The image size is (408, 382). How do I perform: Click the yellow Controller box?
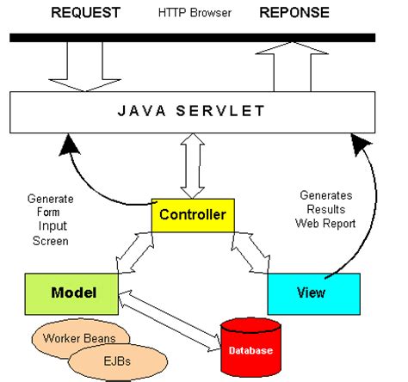click(193, 215)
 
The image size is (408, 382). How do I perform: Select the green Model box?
click(71, 294)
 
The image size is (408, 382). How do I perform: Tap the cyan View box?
click(314, 294)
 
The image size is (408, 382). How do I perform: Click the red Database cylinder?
click(250, 348)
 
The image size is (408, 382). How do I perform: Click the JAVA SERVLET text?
click(191, 111)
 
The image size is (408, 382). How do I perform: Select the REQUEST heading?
click(85, 13)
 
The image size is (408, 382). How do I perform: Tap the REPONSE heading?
click(294, 13)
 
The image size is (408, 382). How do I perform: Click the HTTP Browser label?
click(195, 13)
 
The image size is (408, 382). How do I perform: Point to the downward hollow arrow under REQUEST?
click(85, 67)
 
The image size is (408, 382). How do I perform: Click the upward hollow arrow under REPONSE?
click(292, 67)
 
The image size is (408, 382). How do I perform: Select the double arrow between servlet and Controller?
click(193, 166)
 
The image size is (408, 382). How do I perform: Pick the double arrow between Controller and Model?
click(135, 252)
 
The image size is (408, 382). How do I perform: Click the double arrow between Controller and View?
click(250, 252)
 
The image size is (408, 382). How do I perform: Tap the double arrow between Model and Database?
click(170, 321)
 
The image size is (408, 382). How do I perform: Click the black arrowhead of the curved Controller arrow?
click(69, 145)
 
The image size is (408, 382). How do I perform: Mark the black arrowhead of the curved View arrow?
click(361, 144)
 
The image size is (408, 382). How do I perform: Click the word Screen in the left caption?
click(51, 241)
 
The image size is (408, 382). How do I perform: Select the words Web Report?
click(325, 224)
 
